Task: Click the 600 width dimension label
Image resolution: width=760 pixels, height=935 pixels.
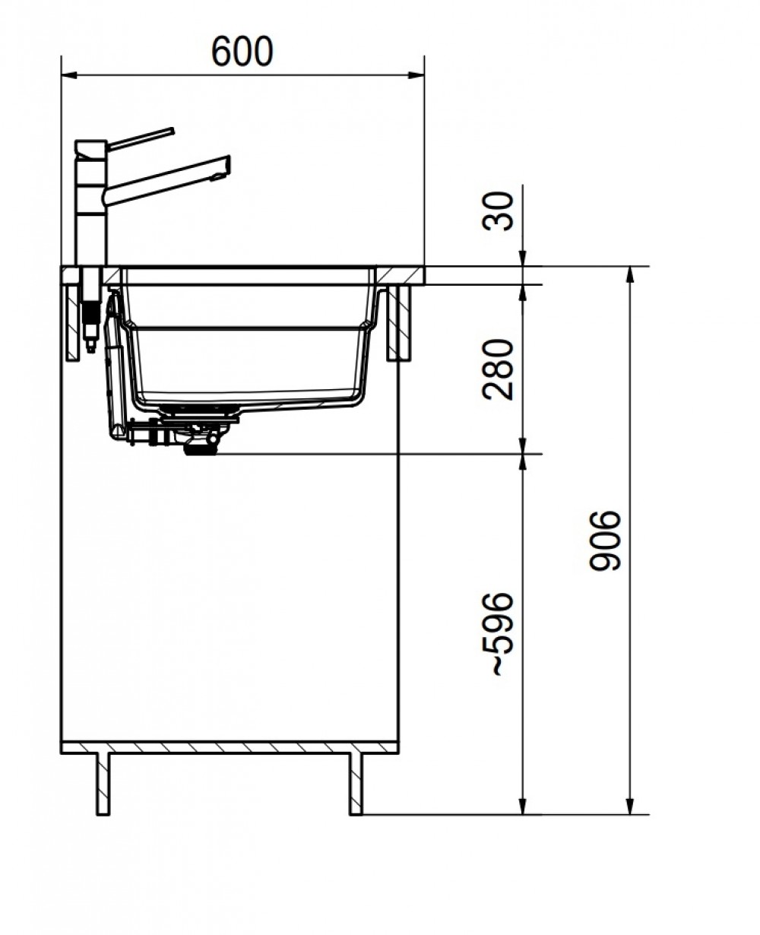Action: (242, 52)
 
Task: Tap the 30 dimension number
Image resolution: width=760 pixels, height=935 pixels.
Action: (498, 211)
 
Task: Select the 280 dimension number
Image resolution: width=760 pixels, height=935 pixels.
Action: (498, 369)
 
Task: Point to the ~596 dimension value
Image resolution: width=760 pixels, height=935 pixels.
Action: (498, 634)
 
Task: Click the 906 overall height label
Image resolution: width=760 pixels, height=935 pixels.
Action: (606, 540)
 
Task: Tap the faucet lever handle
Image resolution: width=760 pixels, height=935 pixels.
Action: (141, 138)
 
